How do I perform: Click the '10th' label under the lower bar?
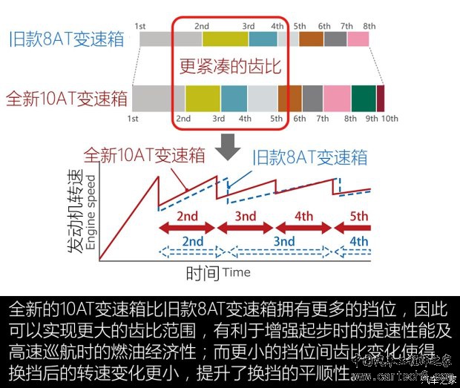point(390,119)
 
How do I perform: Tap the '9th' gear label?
point(372,119)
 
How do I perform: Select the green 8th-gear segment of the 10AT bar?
point(364,99)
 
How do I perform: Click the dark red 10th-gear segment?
point(381,99)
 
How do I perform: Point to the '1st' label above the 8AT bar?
point(140,26)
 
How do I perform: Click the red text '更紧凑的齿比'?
point(230,68)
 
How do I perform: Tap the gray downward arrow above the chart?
point(230,146)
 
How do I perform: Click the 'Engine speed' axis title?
point(91,216)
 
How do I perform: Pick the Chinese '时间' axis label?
point(202,273)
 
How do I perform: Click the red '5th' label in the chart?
point(359,217)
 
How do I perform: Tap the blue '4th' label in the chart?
point(359,242)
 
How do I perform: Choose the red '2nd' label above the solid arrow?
point(187,217)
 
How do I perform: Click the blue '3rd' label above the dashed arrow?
point(285,242)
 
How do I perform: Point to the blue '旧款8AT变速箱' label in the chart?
point(310,157)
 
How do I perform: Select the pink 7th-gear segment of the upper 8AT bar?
point(358,39)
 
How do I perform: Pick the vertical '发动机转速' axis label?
point(75,214)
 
